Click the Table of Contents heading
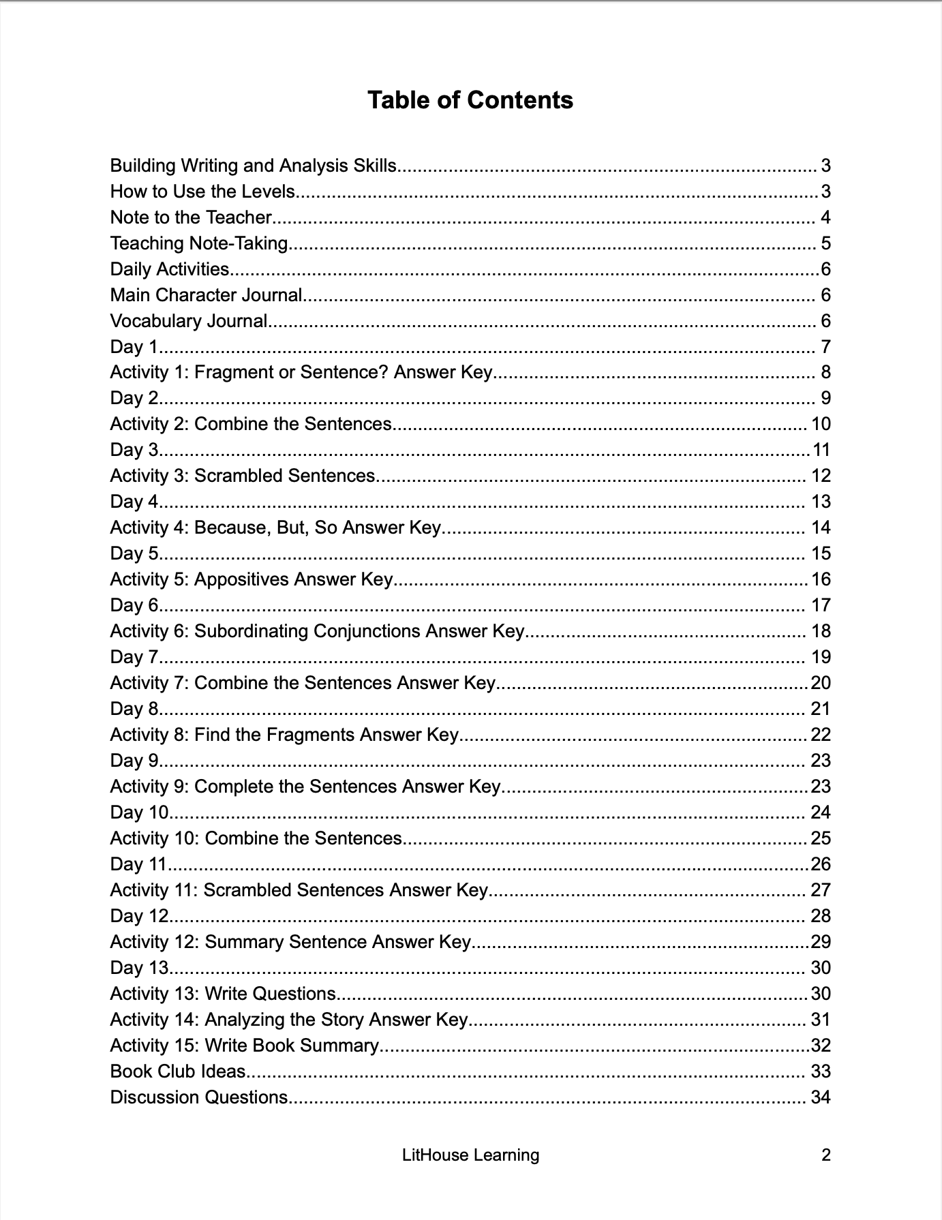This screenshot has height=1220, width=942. pyautogui.click(x=470, y=100)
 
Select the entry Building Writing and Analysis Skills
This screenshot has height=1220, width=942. pyautogui.click(x=253, y=166)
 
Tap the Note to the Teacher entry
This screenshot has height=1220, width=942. pyautogui.click(x=191, y=217)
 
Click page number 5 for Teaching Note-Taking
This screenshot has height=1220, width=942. pyautogui.click(x=825, y=243)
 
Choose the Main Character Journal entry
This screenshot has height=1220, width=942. pyautogui.click(x=206, y=295)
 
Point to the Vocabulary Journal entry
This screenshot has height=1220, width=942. pyautogui.click(x=189, y=321)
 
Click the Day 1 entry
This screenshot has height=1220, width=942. pyautogui.click(x=134, y=347)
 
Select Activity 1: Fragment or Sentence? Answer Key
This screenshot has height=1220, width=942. pyautogui.click(x=301, y=372)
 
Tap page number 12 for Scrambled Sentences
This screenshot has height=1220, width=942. pyautogui.click(x=821, y=476)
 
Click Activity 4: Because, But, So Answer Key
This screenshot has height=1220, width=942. pyautogui.click(x=275, y=528)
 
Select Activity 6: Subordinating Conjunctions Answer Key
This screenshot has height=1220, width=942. pyautogui.click(x=317, y=631)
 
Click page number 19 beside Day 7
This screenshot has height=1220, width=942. pyautogui.click(x=821, y=657)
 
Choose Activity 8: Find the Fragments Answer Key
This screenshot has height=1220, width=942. pyautogui.click(x=284, y=735)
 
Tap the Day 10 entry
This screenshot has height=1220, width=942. pyautogui.click(x=139, y=812)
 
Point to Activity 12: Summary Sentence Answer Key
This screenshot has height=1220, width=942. pyautogui.click(x=290, y=942)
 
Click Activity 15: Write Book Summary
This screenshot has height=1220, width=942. pyautogui.click(x=244, y=1046)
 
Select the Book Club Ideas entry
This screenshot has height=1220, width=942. pyautogui.click(x=177, y=1071)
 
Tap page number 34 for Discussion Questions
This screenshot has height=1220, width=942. pyautogui.click(x=820, y=1097)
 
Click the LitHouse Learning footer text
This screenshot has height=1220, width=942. pyautogui.click(x=470, y=1155)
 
